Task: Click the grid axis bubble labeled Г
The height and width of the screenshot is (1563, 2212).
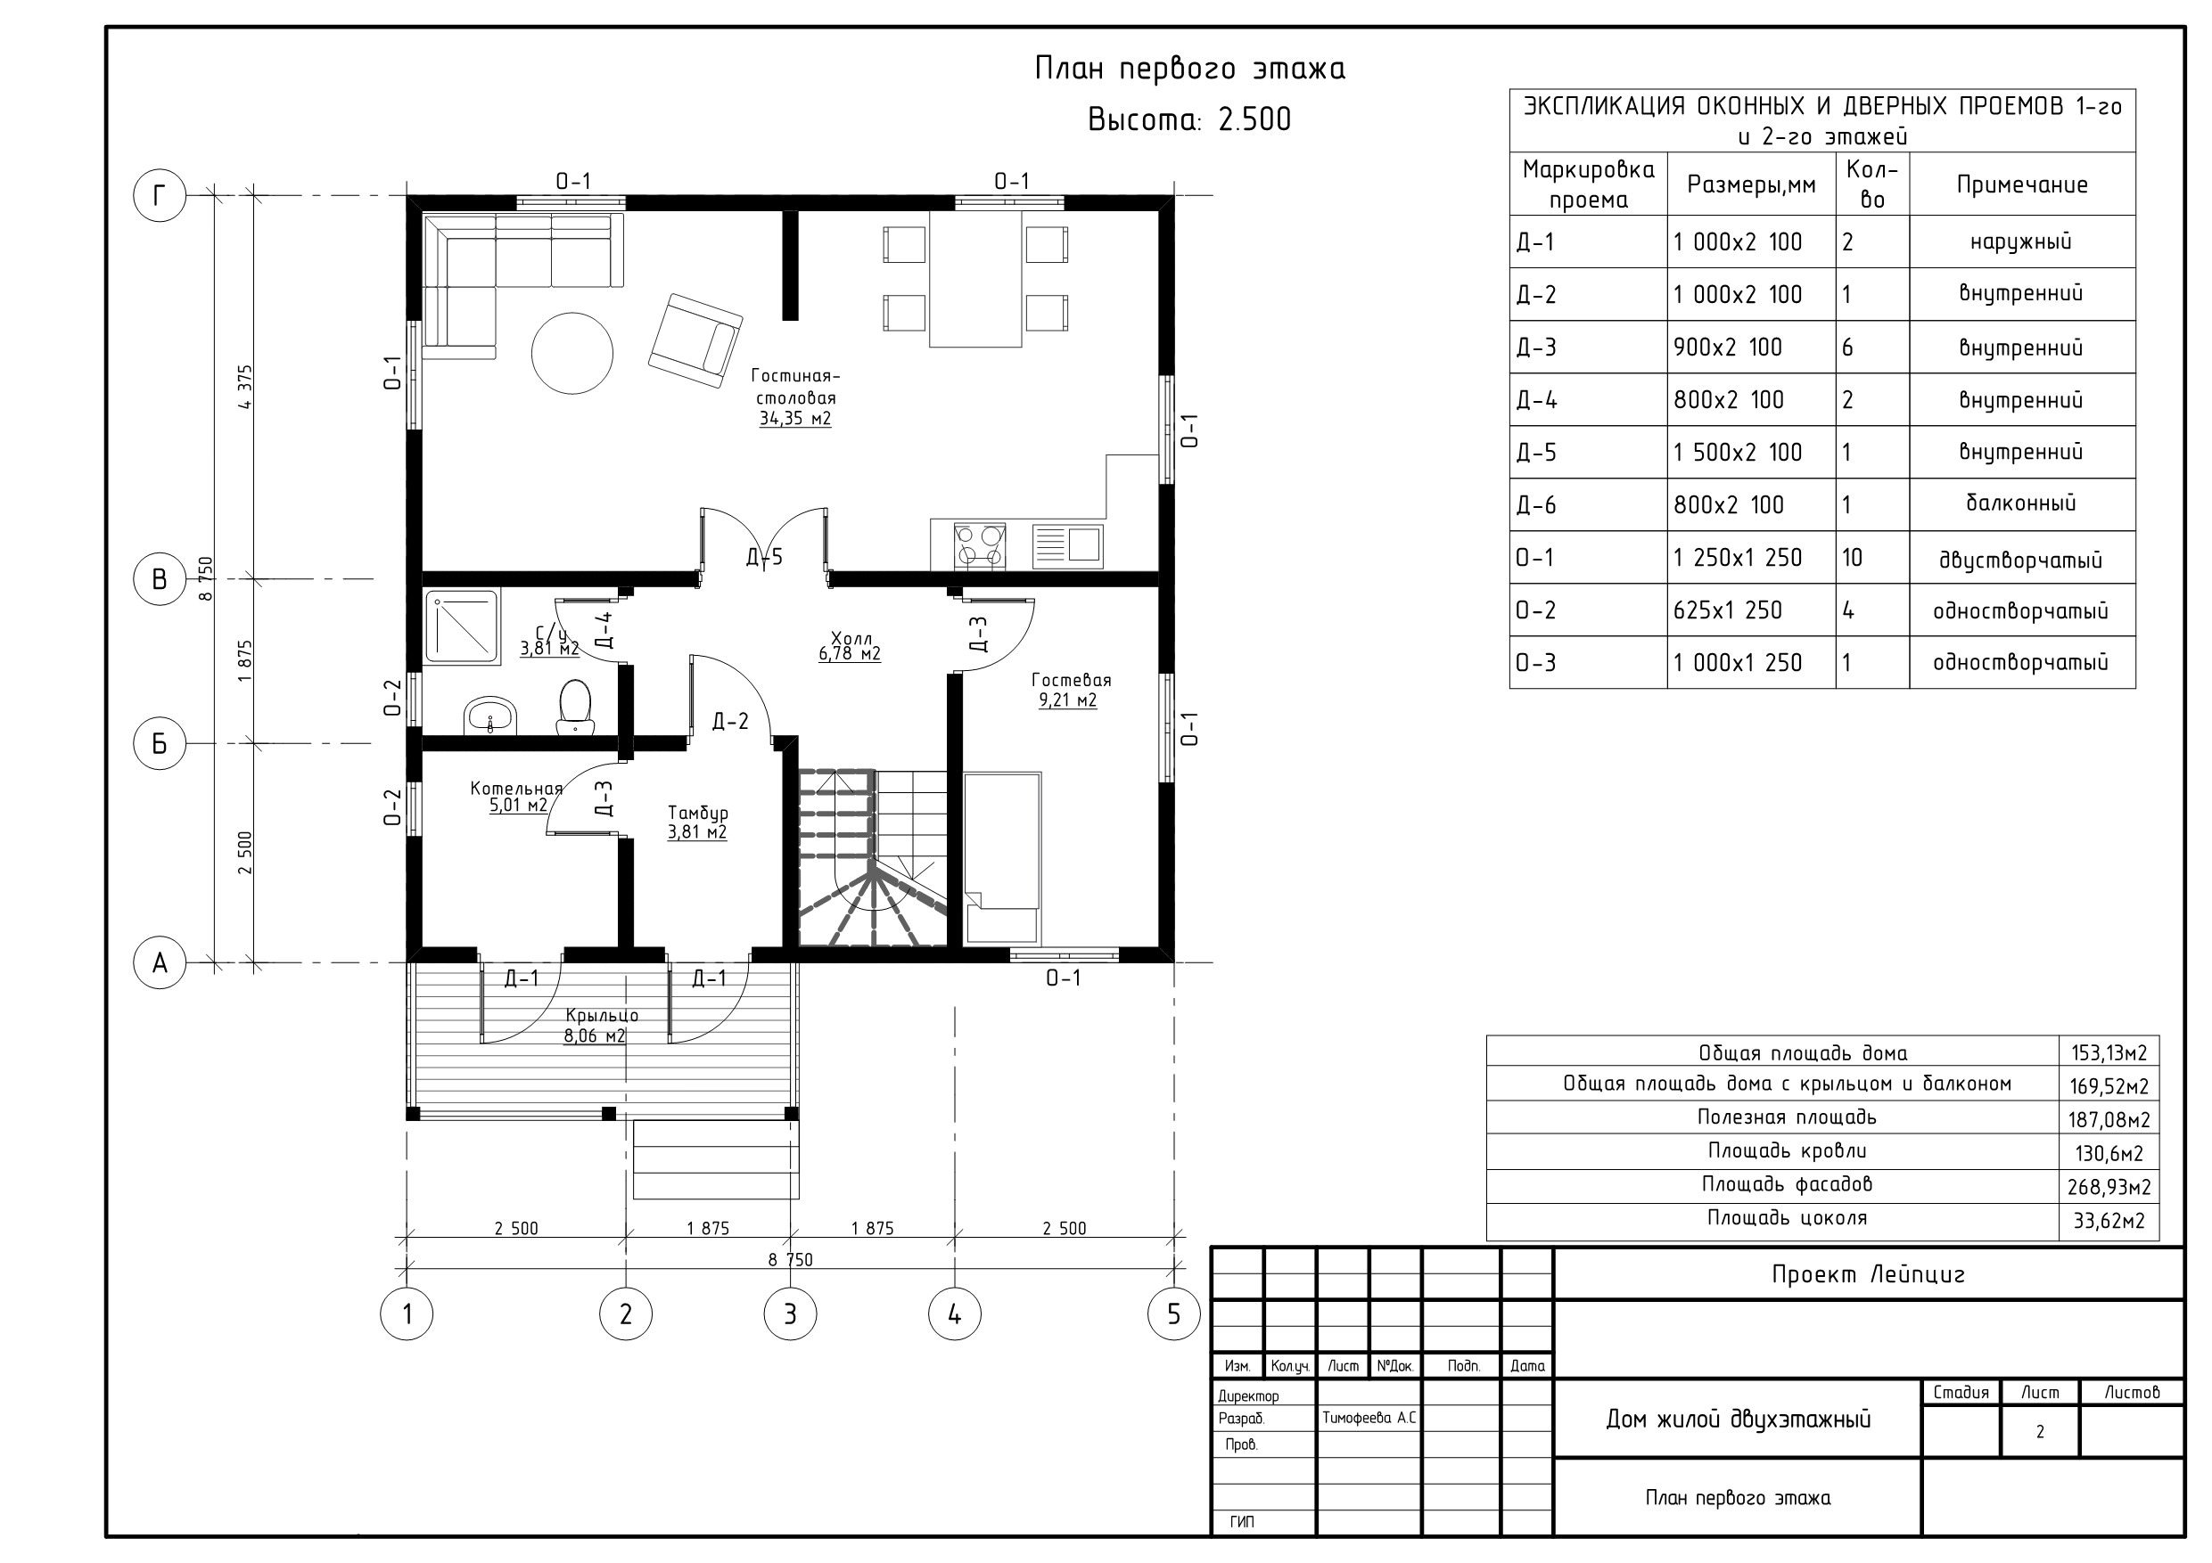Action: [160, 195]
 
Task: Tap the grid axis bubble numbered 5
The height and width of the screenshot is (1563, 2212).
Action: [1173, 1313]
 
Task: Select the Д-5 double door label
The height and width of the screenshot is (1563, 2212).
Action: [764, 557]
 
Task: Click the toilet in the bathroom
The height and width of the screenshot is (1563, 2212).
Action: [575, 708]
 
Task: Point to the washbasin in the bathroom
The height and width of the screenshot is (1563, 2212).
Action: [490, 716]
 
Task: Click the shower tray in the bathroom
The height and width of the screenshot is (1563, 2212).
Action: [463, 627]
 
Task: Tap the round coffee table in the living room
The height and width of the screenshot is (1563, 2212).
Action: [572, 353]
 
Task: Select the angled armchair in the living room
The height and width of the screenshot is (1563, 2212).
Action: [695, 341]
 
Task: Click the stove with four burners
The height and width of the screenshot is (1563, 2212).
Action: [979, 546]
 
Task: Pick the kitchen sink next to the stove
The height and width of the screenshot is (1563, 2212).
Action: [1067, 546]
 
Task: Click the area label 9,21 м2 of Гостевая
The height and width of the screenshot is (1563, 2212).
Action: [1067, 701]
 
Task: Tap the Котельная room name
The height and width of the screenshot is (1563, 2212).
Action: [515, 789]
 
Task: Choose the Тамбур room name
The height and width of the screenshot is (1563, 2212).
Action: [697, 813]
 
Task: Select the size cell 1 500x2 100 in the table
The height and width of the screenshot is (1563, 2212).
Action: [1737, 453]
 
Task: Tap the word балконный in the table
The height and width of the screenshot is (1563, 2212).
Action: [2020, 503]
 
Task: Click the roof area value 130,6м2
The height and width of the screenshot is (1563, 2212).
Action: [2109, 1154]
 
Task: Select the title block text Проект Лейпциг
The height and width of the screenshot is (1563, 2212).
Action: [1868, 1275]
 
